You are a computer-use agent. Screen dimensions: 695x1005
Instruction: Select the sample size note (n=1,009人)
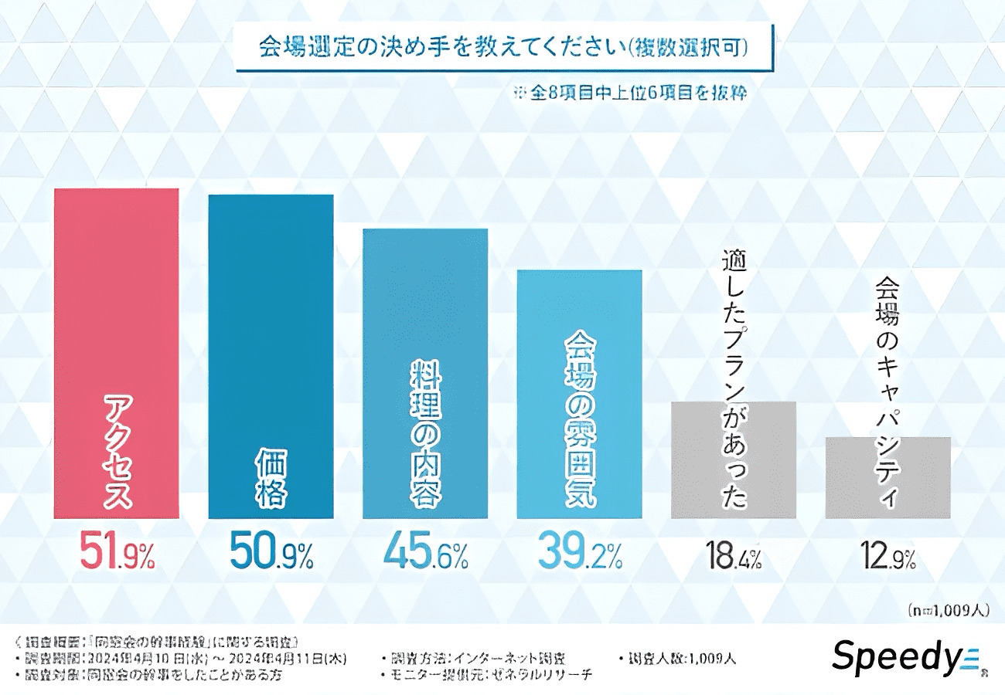[948, 611]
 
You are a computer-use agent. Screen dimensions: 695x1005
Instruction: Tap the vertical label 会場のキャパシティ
[887, 394]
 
